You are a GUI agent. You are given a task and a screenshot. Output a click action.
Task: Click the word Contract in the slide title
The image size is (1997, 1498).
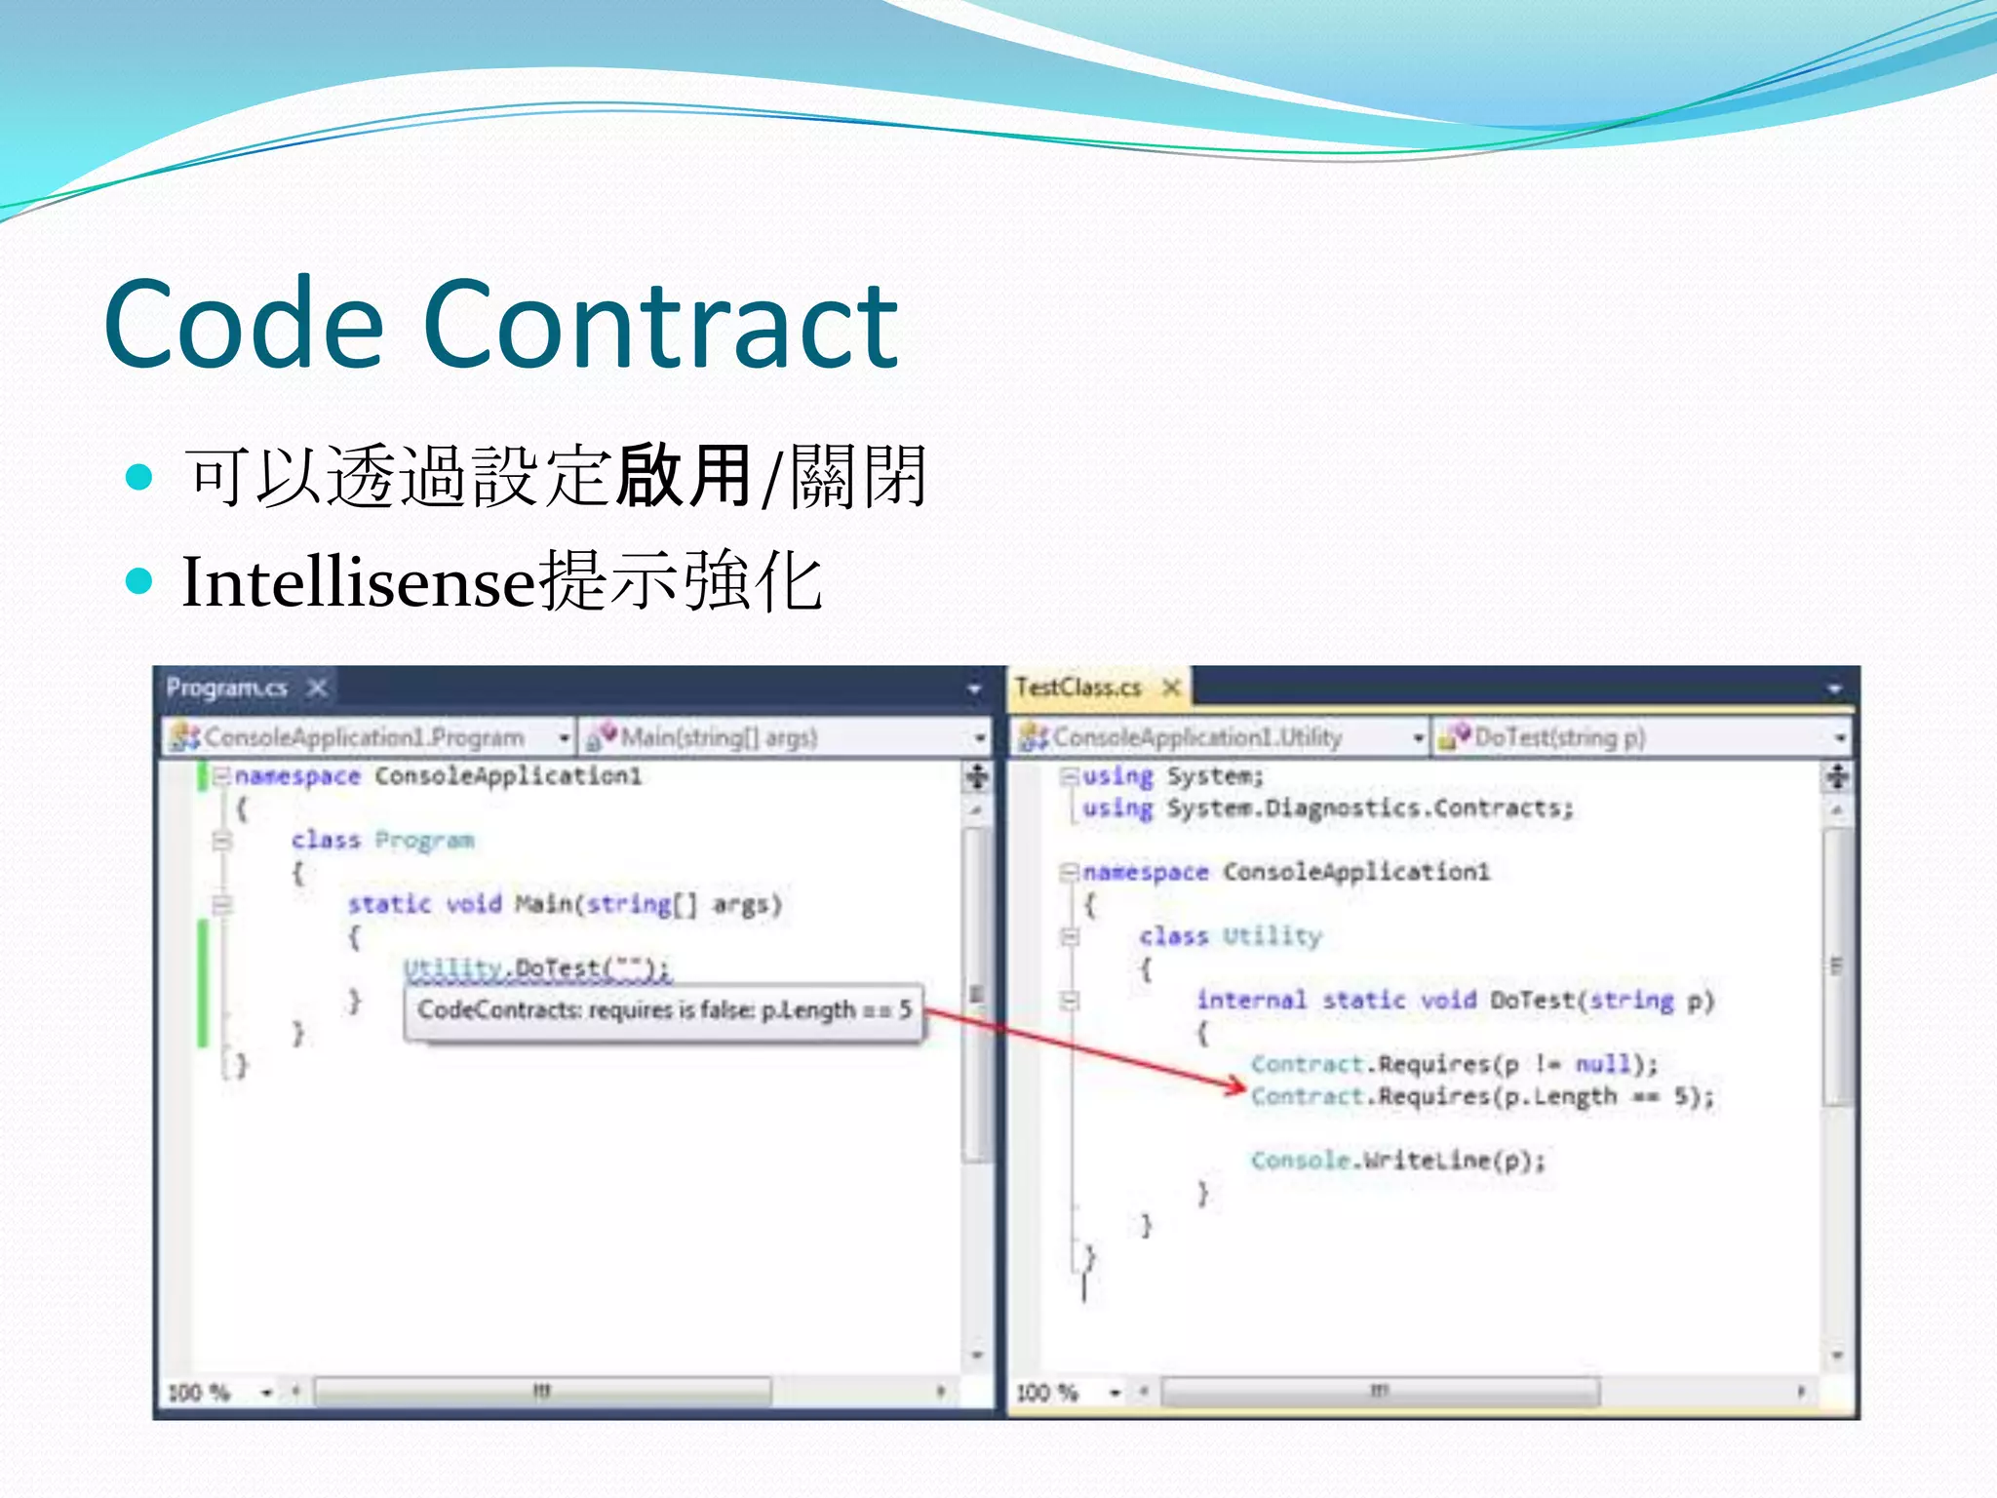[660, 325]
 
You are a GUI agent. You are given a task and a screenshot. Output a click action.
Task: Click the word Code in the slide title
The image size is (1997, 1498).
[244, 325]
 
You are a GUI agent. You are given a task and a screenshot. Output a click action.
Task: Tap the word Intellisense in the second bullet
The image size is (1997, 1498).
[359, 582]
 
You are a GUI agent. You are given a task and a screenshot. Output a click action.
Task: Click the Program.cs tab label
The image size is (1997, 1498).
[227, 689]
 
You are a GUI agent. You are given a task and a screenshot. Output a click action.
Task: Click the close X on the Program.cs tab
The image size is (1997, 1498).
[317, 689]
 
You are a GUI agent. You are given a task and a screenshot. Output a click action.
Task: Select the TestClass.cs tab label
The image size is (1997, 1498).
[1077, 689]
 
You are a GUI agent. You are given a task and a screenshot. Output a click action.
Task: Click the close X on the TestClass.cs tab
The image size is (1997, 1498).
[1171, 689]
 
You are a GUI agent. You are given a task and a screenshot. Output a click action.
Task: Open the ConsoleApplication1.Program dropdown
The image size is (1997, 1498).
[369, 738]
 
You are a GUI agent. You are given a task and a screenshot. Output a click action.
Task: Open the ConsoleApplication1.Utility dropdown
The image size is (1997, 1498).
[1219, 738]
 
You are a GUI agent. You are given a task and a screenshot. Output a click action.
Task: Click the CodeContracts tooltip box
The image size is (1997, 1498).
[663, 1011]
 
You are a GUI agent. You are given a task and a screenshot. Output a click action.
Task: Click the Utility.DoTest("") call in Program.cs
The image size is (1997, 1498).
[536, 968]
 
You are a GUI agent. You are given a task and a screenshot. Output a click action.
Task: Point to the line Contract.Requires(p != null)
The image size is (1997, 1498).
[1453, 1064]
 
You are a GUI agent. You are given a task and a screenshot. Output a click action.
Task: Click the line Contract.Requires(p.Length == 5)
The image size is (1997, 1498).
[1480, 1097]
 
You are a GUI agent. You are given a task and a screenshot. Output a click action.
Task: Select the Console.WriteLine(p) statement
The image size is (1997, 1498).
[1397, 1161]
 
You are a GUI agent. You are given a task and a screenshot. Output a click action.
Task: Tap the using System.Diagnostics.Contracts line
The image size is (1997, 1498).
[1327, 808]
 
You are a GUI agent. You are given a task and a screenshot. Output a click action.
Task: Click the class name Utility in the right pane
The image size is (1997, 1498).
[1273, 937]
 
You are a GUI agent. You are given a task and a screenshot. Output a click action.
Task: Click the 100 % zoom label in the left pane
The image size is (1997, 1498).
[199, 1393]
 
